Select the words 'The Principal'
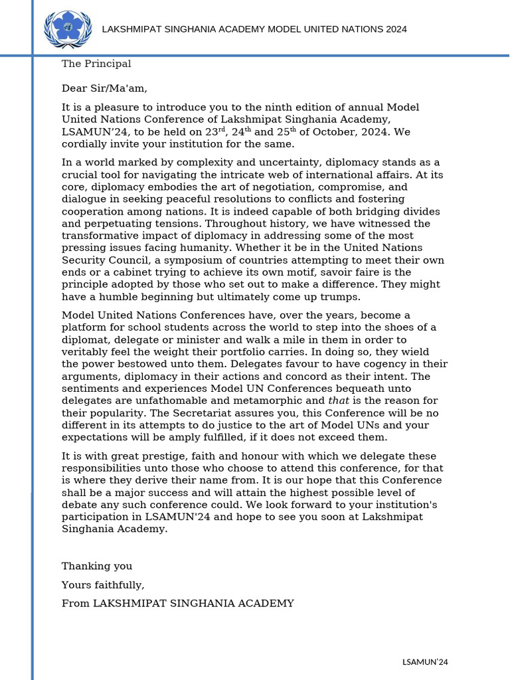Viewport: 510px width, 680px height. (96, 64)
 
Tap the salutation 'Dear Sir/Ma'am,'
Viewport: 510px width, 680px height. (104, 88)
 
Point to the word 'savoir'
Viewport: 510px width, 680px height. (338, 272)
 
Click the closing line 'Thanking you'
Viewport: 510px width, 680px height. (97, 566)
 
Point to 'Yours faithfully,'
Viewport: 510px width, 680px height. (103, 585)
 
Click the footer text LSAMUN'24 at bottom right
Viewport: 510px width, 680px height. (425, 662)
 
